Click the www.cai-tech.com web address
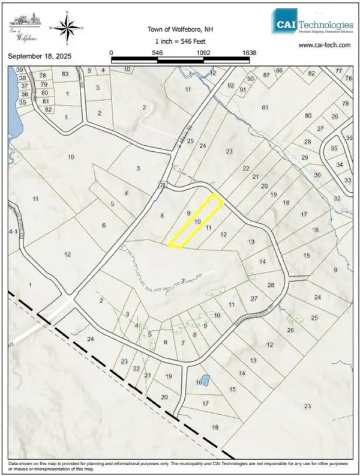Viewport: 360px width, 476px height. click(325, 44)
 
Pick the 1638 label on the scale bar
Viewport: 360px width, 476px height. click(250, 53)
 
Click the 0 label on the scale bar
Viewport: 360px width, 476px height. click(112, 53)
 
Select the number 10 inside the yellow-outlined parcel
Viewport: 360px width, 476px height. click(197, 221)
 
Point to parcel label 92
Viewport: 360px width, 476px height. click(230, 85)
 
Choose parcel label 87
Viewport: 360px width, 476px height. click(266, 75)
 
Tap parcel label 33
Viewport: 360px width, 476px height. click(347, 180)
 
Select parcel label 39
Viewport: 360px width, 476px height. click(20, 70)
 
